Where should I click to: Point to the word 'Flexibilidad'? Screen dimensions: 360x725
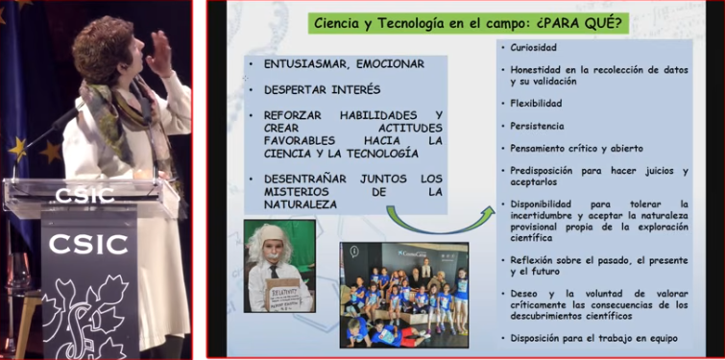coord(537,102)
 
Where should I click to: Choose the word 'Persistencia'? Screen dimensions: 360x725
coord(538,126)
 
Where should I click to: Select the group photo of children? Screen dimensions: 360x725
coord(403,294)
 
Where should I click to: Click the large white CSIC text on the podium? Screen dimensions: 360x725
coord(89,243)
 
